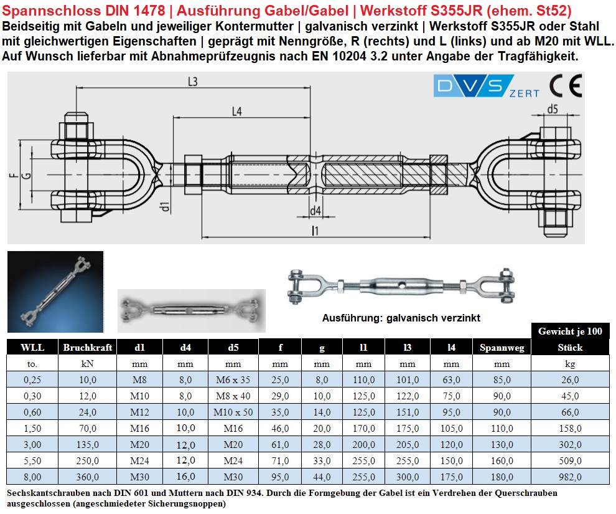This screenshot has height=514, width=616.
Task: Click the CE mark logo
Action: coord(565,85)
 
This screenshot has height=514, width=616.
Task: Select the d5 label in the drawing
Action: coord(553,110)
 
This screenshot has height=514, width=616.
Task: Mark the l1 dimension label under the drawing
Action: coord(315,231)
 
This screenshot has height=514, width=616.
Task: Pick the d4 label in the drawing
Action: coord(315,211)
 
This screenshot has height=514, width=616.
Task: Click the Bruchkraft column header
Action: coord(88,347)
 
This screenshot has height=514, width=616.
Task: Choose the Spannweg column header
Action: coord(502,347)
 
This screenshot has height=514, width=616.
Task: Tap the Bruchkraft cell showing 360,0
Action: coord(88,477)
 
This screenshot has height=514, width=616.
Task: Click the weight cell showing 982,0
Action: coord(570,477)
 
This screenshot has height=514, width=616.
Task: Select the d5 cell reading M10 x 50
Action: coord(233,412)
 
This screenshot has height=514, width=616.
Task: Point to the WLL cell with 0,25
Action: coord(32,379)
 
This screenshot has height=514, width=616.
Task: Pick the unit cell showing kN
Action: coord(88,363)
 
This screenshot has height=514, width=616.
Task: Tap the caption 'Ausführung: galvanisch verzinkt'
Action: coord(401,318)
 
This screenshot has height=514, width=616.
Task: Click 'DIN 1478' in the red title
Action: coord(136,10)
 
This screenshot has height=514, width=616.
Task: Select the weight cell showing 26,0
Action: coord(570,379)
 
